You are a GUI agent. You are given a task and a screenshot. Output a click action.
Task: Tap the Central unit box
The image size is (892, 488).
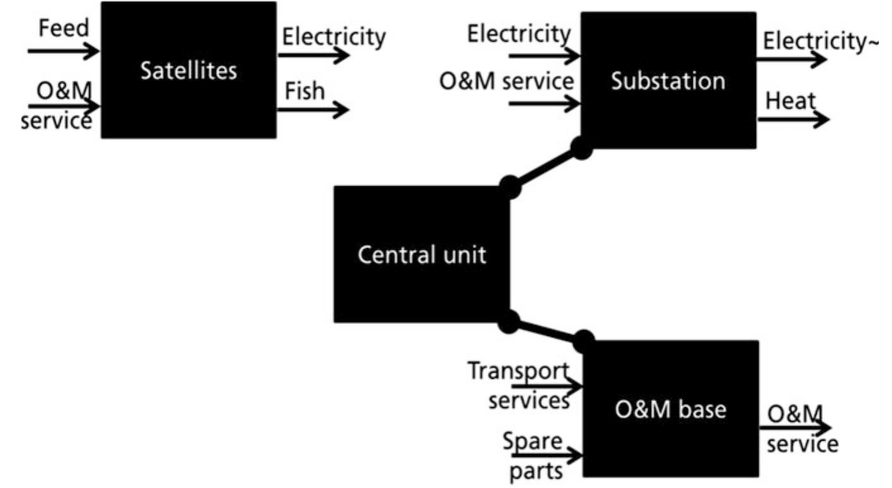pos(421,254)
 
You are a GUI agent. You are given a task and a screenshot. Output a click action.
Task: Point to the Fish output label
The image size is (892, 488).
pos(304,91)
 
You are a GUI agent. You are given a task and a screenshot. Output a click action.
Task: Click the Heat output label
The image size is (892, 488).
pos(789,100)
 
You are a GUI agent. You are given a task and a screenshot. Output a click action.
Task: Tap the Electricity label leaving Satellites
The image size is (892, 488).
pos(333,37)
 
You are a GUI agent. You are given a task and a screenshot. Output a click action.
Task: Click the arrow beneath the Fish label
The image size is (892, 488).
pos(313,110)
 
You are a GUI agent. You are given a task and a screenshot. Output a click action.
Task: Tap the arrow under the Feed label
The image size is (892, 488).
pos(63,51)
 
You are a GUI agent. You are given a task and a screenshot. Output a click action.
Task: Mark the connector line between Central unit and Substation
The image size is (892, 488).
pos(545,168)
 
